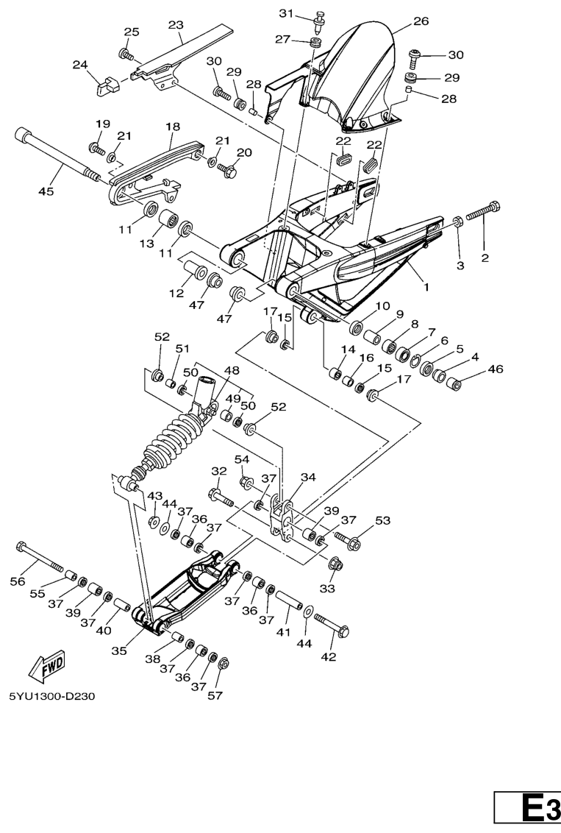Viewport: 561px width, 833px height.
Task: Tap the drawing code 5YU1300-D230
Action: click(x=52, y=696)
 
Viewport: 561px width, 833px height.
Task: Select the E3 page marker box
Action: click(x=527, y=811)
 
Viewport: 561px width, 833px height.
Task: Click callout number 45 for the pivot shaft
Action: click(x=46, y=191)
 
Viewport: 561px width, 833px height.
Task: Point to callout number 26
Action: click(x=421, y=21)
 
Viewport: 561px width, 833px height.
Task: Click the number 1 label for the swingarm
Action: click(x=425, y=288)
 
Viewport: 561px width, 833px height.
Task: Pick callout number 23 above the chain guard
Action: click(x=176, y=25)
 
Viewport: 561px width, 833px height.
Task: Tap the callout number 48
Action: click(x=232, y=370)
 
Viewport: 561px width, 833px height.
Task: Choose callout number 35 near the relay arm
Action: click(x=119, y=651)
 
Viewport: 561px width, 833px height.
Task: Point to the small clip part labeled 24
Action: click(x=108, y=85)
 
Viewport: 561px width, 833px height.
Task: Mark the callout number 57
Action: click(x=215, y=695)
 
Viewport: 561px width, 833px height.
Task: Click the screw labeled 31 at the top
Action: click(x=321, y=18)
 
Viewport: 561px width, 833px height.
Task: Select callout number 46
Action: click(x=495, y=369)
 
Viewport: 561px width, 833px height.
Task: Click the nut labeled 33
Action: click(x=335, y=563)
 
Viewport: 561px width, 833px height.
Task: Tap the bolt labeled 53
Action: click(x=348, y=539)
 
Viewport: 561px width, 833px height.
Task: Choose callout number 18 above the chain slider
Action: click(x=173, y=127)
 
